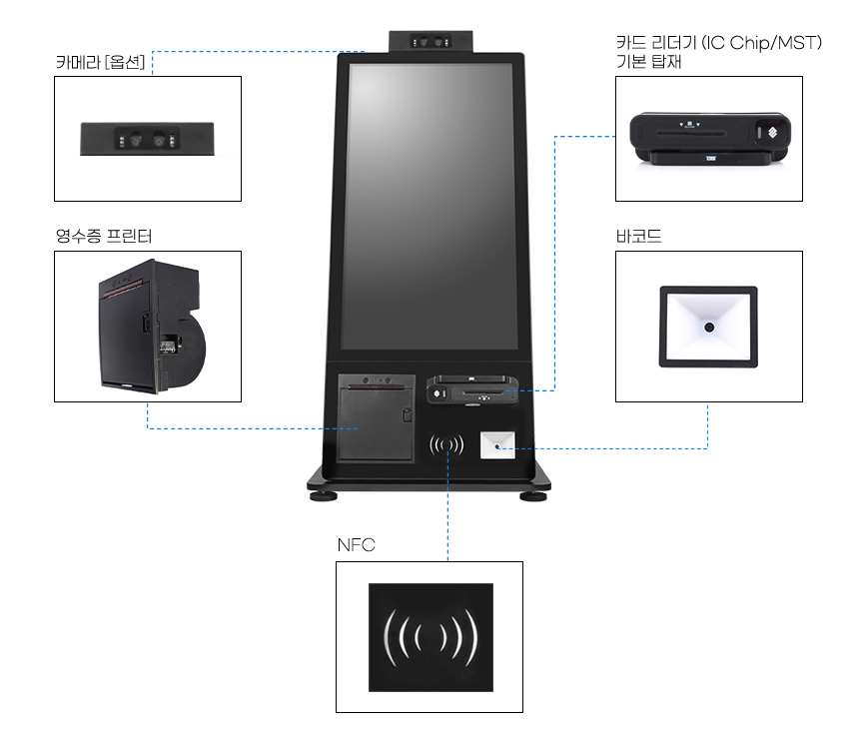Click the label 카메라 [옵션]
[x=101, y=62]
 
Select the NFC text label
[x=356, y=545]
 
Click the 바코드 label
[x=639, y=237]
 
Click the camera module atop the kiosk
[x=430, y=41]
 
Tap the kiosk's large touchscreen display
[x=430, y=205]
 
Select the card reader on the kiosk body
[x=473, y=389]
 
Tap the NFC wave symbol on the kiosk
[x=446, y=445]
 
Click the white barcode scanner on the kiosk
[x=497, y=445]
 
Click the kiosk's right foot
[x=533, y=493]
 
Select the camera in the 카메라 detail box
[x=148, y=139]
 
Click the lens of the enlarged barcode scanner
[x=708, y=328]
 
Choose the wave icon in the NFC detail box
[x=429, y=636]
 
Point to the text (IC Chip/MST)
[x=762, y=44]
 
